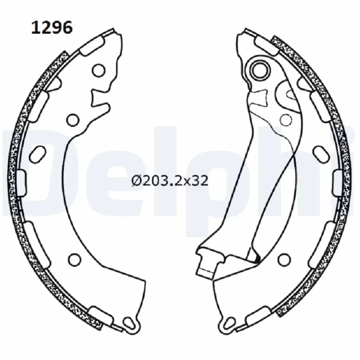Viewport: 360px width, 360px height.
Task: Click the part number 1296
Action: click(51, 28)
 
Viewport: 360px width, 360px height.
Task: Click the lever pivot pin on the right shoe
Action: click(260, 69)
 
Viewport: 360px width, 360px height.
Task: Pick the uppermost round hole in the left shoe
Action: click(99, 70)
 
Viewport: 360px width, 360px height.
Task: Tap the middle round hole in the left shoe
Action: click(72, 119)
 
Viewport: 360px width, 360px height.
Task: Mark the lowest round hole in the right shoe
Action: click(284, 259)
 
